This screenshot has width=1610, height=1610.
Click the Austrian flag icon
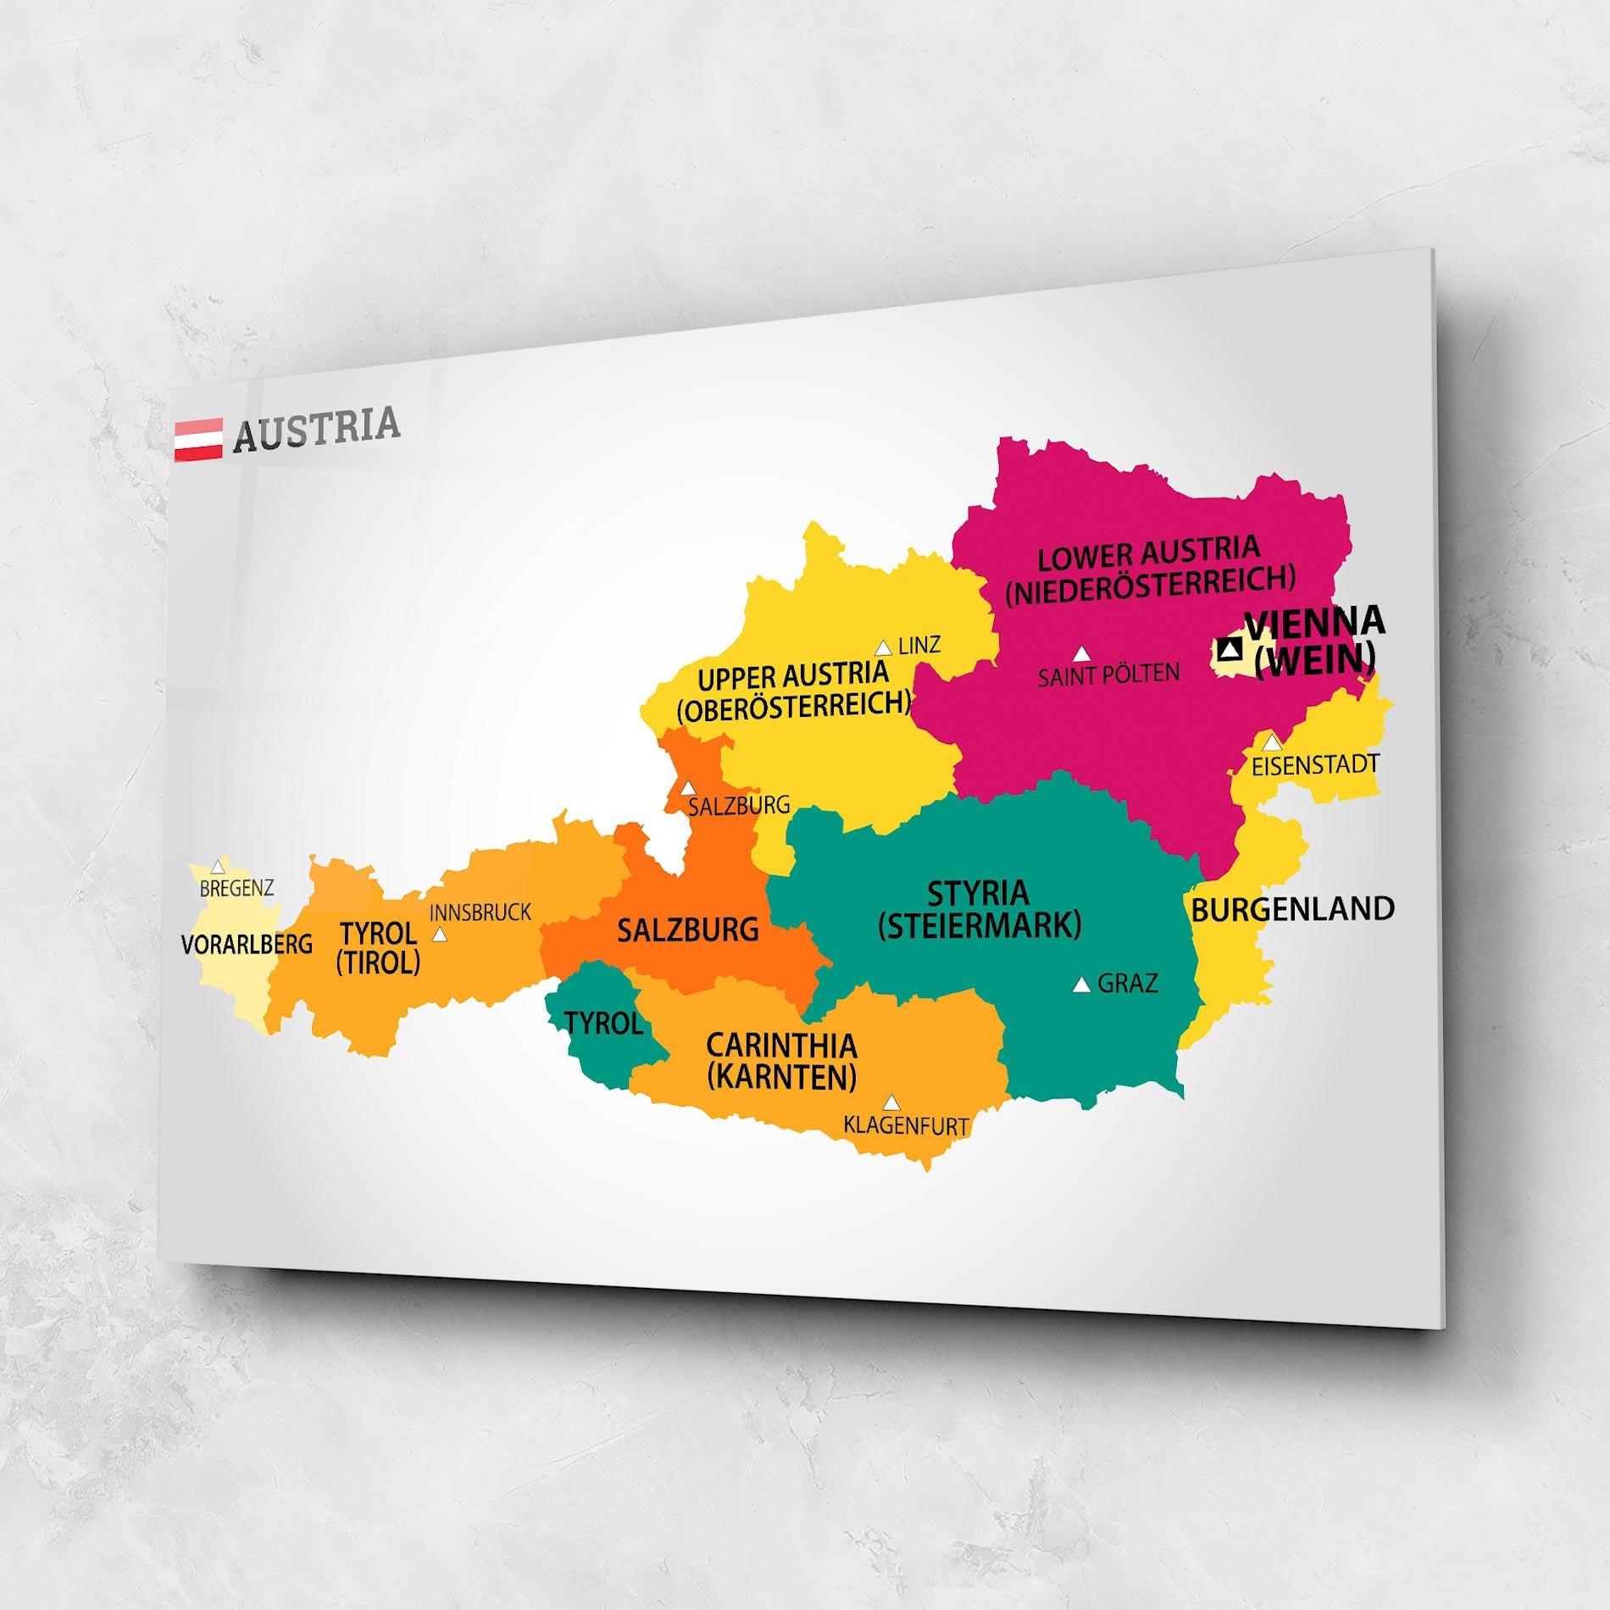point(198,439)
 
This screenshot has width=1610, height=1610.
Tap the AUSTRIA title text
point(315,429)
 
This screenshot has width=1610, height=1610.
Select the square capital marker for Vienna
point(1229,650)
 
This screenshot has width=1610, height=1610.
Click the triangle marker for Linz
point(883,648)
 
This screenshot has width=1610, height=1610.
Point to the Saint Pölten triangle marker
point(1080,654)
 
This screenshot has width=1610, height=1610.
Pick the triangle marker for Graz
point(1081,985)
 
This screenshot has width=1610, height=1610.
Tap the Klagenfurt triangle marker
point(891,1102)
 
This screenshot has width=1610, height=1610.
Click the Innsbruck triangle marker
point(439,935)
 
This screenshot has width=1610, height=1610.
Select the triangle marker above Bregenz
point(218,867)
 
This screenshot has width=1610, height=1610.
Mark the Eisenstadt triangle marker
point(1272,743)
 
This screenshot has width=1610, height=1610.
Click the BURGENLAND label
point(1292,909)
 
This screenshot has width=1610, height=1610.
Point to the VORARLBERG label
point(247,944)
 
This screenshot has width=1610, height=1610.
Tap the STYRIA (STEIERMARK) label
point(980,909)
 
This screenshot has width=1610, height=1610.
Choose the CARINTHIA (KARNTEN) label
point(781,1061)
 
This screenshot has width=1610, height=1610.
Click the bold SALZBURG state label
point(687,930)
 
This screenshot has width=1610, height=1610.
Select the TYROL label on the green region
point(603,1024)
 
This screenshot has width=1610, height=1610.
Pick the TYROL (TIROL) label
point(378,948)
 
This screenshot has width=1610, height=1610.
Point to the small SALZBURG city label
point(739,805)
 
